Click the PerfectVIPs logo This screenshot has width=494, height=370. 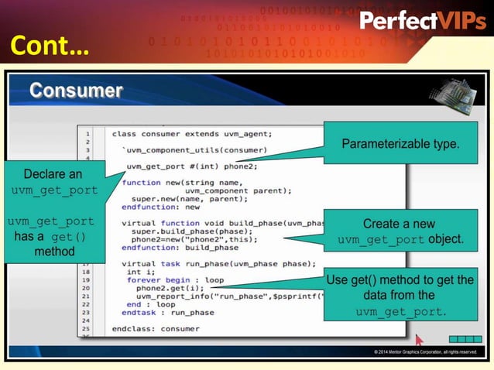tap(422, 21)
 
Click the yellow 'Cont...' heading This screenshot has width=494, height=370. tap(49, 47)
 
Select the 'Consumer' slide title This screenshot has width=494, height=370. tap(76, 91)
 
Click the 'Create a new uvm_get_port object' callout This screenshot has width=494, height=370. tap(400, 231)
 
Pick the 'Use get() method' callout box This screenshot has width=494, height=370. tap(400, 296)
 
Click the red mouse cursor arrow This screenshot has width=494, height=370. tap(419, 338)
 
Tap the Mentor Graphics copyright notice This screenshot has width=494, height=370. tap(425, 352)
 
